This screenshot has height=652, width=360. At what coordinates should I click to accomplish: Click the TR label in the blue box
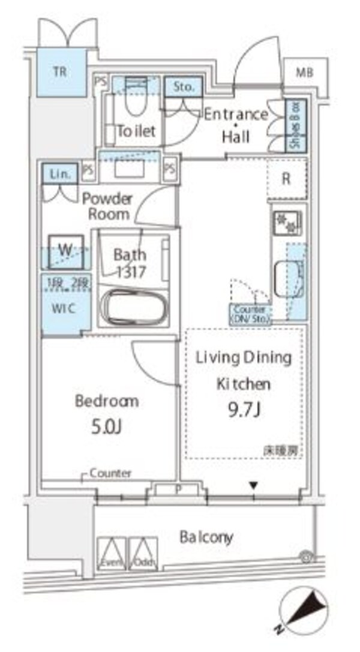click(59, 72)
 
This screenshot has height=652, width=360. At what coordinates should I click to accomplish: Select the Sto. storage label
click(184, 87)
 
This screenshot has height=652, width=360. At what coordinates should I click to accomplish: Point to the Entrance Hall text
click(235, 125)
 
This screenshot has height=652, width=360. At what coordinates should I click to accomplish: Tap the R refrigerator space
click(287, 179)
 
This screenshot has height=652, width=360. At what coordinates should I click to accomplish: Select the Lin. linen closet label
click(59, 174)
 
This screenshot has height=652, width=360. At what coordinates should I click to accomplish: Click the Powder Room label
click(107, 206)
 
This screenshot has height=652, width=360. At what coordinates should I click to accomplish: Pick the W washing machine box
click(64, 250)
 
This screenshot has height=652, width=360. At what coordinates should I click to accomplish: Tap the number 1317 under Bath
click(130, 271)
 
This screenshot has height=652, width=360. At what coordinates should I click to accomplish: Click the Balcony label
click(206, 537)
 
